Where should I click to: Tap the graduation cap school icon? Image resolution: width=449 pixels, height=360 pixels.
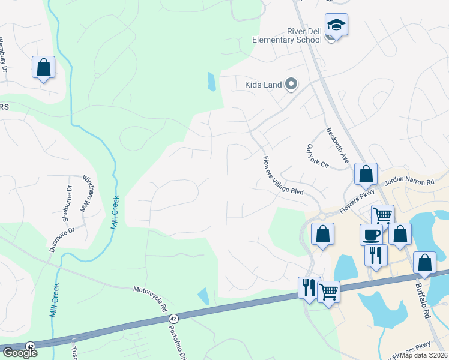pos(336,25)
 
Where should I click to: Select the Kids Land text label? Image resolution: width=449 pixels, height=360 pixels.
pos(263,85)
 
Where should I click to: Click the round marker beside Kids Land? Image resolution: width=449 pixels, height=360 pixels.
pos(291,84)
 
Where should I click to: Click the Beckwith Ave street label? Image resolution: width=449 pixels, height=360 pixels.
pos(337,146)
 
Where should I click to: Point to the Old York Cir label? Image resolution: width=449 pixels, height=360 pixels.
pos(318,155)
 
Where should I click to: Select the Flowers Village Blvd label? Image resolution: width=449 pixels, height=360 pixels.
pos(282,176)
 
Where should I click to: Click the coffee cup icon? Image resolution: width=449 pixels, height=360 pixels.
pos(370,233)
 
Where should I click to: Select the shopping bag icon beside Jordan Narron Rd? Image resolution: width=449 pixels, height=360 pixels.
pos(365,173)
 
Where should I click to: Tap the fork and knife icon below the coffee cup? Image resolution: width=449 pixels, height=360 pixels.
pos(376,254)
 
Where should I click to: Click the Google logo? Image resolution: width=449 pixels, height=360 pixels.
pos(19,352)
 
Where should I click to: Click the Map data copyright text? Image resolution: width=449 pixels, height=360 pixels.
pos(423,355)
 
